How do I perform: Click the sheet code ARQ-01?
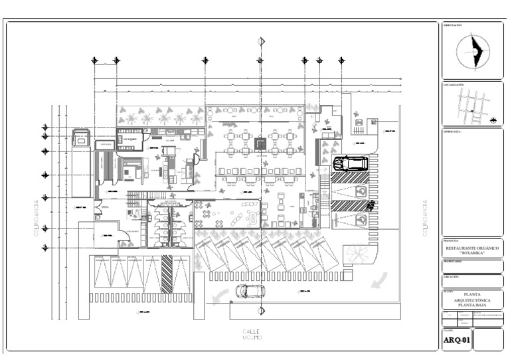coord(457,341)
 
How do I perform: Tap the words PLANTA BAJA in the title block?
coord(472,304)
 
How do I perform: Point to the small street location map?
coord(472,105)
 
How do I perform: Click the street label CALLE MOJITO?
coord(252,334)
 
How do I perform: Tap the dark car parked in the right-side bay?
coord(349,163)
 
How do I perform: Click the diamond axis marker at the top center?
coord(262,41)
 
